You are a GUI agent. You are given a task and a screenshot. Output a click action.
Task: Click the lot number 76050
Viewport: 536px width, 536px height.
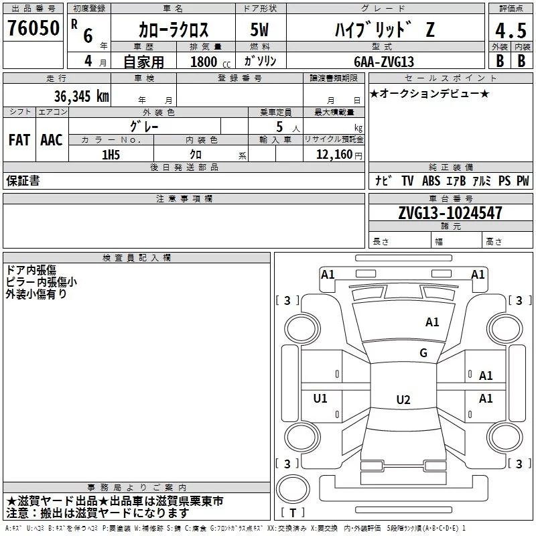(33, 28)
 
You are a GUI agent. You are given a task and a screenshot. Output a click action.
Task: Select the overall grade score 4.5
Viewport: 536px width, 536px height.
(511, 30)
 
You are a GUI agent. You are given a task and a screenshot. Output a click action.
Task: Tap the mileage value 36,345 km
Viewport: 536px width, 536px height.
(82, 96)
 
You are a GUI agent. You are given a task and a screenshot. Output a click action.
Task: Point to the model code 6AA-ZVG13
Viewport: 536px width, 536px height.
(384, 62)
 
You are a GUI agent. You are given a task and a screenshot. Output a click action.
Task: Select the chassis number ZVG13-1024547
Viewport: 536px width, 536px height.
(450, 213)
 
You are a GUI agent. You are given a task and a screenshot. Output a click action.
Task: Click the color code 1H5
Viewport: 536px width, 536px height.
(111, 155)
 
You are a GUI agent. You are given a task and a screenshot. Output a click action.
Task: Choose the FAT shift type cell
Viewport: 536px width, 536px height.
(19, 140)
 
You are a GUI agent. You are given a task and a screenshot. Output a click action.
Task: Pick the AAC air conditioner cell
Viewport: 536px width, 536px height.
(52, 140)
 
